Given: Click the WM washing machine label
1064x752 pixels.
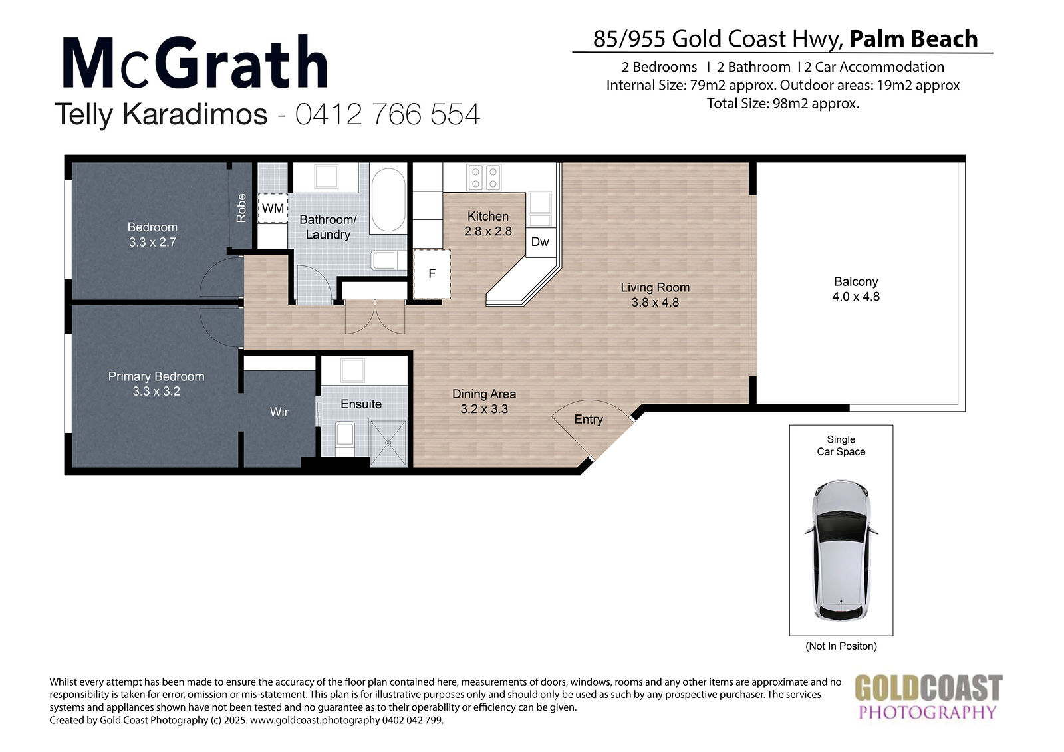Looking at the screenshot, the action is point(273,208).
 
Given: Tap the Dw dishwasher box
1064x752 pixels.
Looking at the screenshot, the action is point(541,242).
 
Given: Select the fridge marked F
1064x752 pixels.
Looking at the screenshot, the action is point(432,274).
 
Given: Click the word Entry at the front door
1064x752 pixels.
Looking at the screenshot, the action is point(589,419).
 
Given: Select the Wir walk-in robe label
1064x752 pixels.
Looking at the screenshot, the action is point(279,412).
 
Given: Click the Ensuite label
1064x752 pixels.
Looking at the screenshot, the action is point(361,404).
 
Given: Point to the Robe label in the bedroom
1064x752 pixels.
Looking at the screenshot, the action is point(241,208).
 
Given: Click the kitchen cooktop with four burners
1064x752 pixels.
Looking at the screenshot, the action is point(484,177).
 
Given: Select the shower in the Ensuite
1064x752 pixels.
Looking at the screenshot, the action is point(388,443).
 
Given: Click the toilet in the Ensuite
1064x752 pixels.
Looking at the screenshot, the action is point(345,439).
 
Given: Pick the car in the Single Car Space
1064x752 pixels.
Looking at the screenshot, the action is point(841,551).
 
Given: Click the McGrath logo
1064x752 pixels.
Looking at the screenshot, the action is point(195,62).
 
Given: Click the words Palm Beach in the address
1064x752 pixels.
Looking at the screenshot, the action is point(914,39).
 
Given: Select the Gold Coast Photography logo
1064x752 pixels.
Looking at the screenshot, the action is point(928,697).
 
